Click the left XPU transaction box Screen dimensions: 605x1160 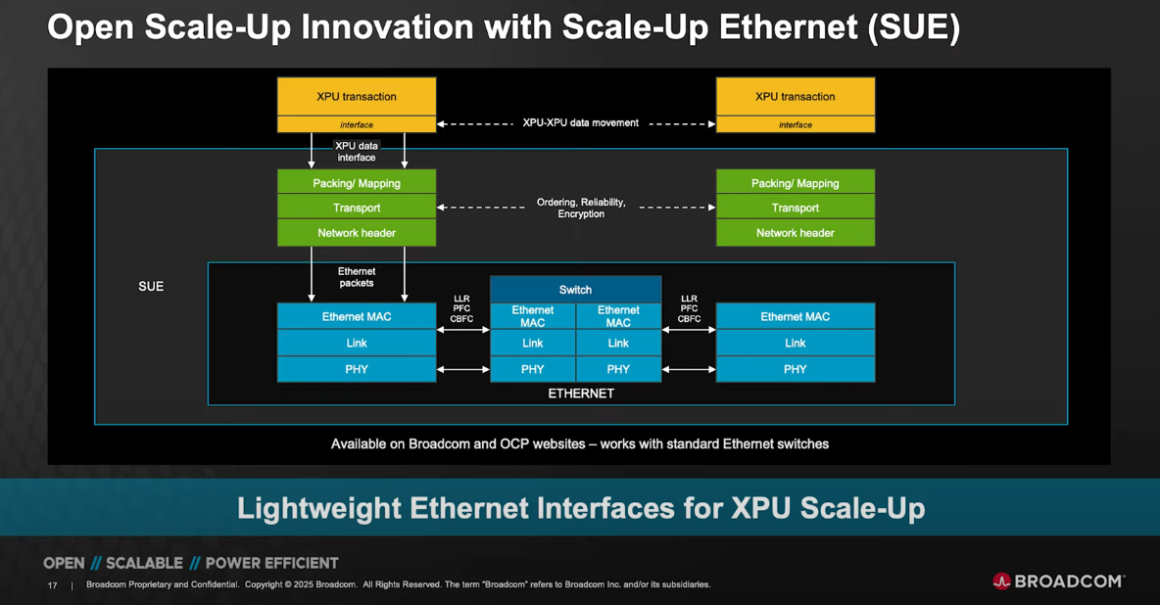(x=357, y=97)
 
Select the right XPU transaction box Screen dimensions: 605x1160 (x=795, y=97)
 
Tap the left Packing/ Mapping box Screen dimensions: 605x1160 (x=357, y=183)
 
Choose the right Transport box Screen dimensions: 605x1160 (x=795, y=208)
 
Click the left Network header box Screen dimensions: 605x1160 (x=357, y=233)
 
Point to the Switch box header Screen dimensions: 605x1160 (x=575, y=290)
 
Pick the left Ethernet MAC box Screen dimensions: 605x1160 (x=357, y=316)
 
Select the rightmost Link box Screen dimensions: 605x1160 (x=795, y=343)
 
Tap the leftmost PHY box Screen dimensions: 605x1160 (x=357, y=369)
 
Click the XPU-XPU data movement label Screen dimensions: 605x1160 (x=581, y=123)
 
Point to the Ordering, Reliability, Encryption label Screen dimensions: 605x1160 (x=581, y=208)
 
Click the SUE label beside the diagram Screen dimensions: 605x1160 (x=151, y=287)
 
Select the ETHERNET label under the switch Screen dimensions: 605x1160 (x=581, y=394)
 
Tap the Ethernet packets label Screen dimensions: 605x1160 (x=357, y=277)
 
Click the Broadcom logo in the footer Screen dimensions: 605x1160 (x=1058, y=582)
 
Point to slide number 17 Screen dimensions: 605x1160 (x=53, y=585)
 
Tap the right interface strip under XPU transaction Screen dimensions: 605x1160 (x=795, y=125)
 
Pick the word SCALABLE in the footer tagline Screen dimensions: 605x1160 (x=144, y=563)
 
